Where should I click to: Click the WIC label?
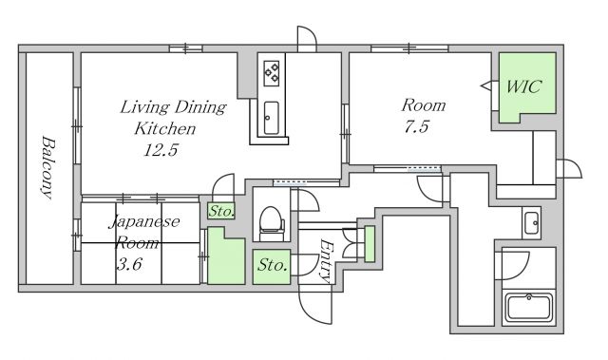coord(523,86)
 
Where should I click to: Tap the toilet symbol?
coord(271,223)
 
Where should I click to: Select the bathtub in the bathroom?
coord(529,308)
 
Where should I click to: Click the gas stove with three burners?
coord(272,73)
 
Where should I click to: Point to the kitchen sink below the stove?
coord(271,118)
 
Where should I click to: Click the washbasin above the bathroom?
coord(531,223)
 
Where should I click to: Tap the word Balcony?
coord(48,167)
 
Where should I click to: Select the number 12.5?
coord(161,150)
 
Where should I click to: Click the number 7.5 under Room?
coord(417,126)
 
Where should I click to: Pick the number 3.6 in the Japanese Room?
coord(129,264)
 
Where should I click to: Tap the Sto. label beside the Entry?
coord(273,265)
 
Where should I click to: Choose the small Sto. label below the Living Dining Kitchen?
coord(221,212)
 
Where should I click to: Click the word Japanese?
coord(143,222)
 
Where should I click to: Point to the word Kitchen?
coord(164,128)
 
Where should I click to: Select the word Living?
coord(145,107)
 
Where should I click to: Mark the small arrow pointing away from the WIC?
coord(485,85)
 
